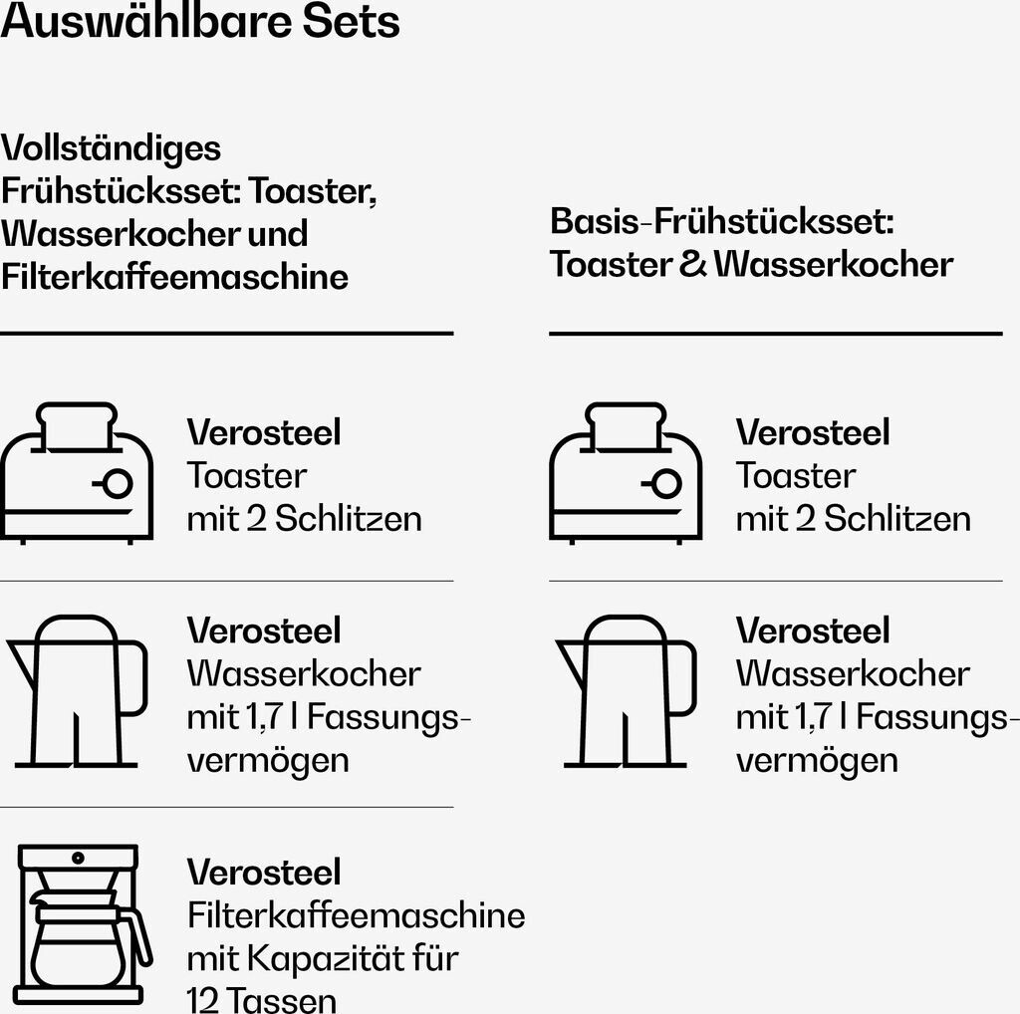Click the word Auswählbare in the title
click(139, 22)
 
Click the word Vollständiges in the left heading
click(111, 148)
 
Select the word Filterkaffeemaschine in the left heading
click(174, 276)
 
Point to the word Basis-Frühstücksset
click(707, 221)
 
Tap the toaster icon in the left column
click(77, 472)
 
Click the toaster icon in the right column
click(626, 472)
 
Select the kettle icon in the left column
click(77, 691)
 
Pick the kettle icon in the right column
click(626, 691)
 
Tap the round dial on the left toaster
click(117, 484)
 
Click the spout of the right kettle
click(570, 656)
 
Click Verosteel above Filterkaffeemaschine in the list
click(264, 873)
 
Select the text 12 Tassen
click(261, 999)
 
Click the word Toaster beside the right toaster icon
click(795, 476)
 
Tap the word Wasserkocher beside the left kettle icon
click(304, 674)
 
